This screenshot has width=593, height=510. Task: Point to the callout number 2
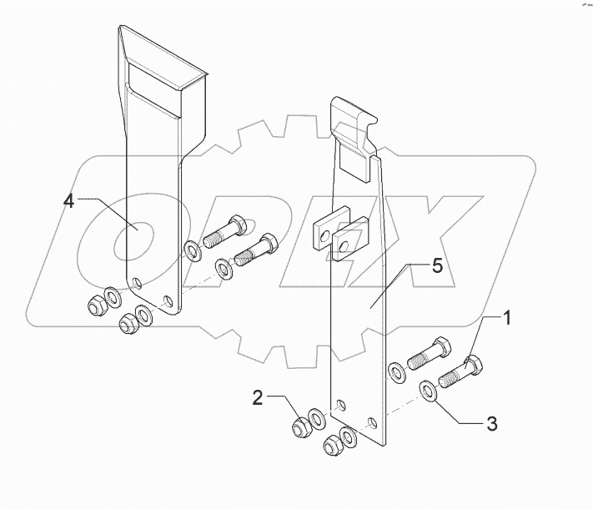point(259,398)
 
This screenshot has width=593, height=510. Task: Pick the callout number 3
point(492,424)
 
